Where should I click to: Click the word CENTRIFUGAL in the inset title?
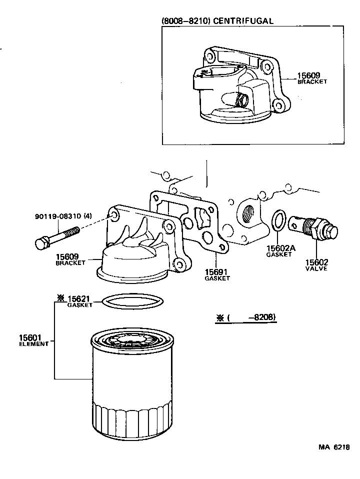point(245,20)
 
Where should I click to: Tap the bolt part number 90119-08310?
point(58,216)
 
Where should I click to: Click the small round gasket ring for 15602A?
point(278,220)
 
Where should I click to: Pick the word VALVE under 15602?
point(316,268)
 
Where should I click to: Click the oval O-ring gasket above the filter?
point(132,301)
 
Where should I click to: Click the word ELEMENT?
point(34,344)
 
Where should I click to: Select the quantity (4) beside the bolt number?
point(88,216)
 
